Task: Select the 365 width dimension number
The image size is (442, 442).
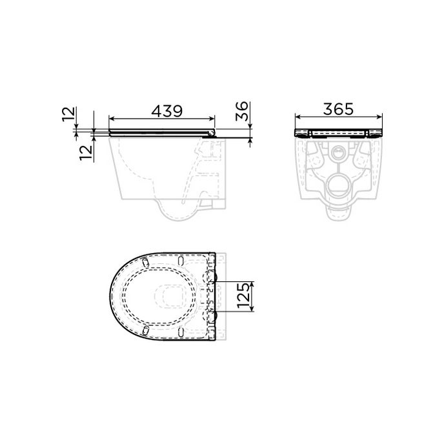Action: click(x=338, y=109)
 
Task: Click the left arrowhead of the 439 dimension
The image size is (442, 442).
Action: click(x=112, y=119)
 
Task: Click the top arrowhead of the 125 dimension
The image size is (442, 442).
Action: click(x=257, y=283)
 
